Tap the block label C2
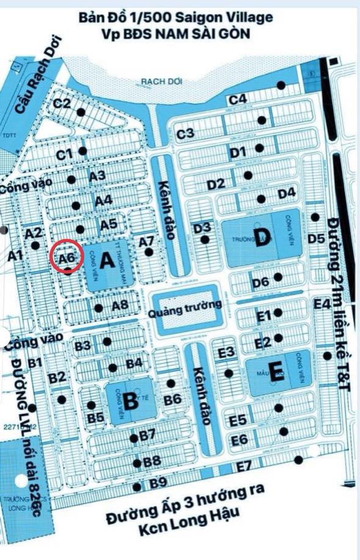(62, 104)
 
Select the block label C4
(237, 99)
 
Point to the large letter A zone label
(107, 262)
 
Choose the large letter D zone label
(263, 239)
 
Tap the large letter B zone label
(130, 401)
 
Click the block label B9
(158, 483)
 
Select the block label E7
(243, 467)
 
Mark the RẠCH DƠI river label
(157, 81)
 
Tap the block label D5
(316, 239)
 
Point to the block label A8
(120, 305)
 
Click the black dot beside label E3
(229, 373)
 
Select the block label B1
(34, 364)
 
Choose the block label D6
(261, 282)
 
